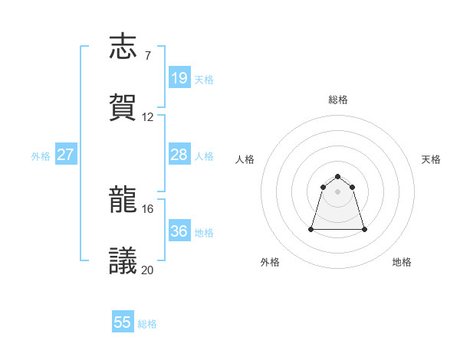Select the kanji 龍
point(123,201)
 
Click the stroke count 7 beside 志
point(147,56)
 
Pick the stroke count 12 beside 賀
point(147,117)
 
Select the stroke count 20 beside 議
point(147,270)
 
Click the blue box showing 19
point(179,78)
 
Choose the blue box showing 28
point(179,155)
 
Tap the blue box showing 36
point(179,231)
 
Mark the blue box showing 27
point(66,155)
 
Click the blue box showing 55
point(123,322)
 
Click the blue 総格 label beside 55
point(147,324)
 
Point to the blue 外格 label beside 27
point(41,155)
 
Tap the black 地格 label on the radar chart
point(402,263)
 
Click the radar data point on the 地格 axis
point(363,229)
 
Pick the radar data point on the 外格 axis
point(312,229)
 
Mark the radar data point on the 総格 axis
point(337,177)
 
